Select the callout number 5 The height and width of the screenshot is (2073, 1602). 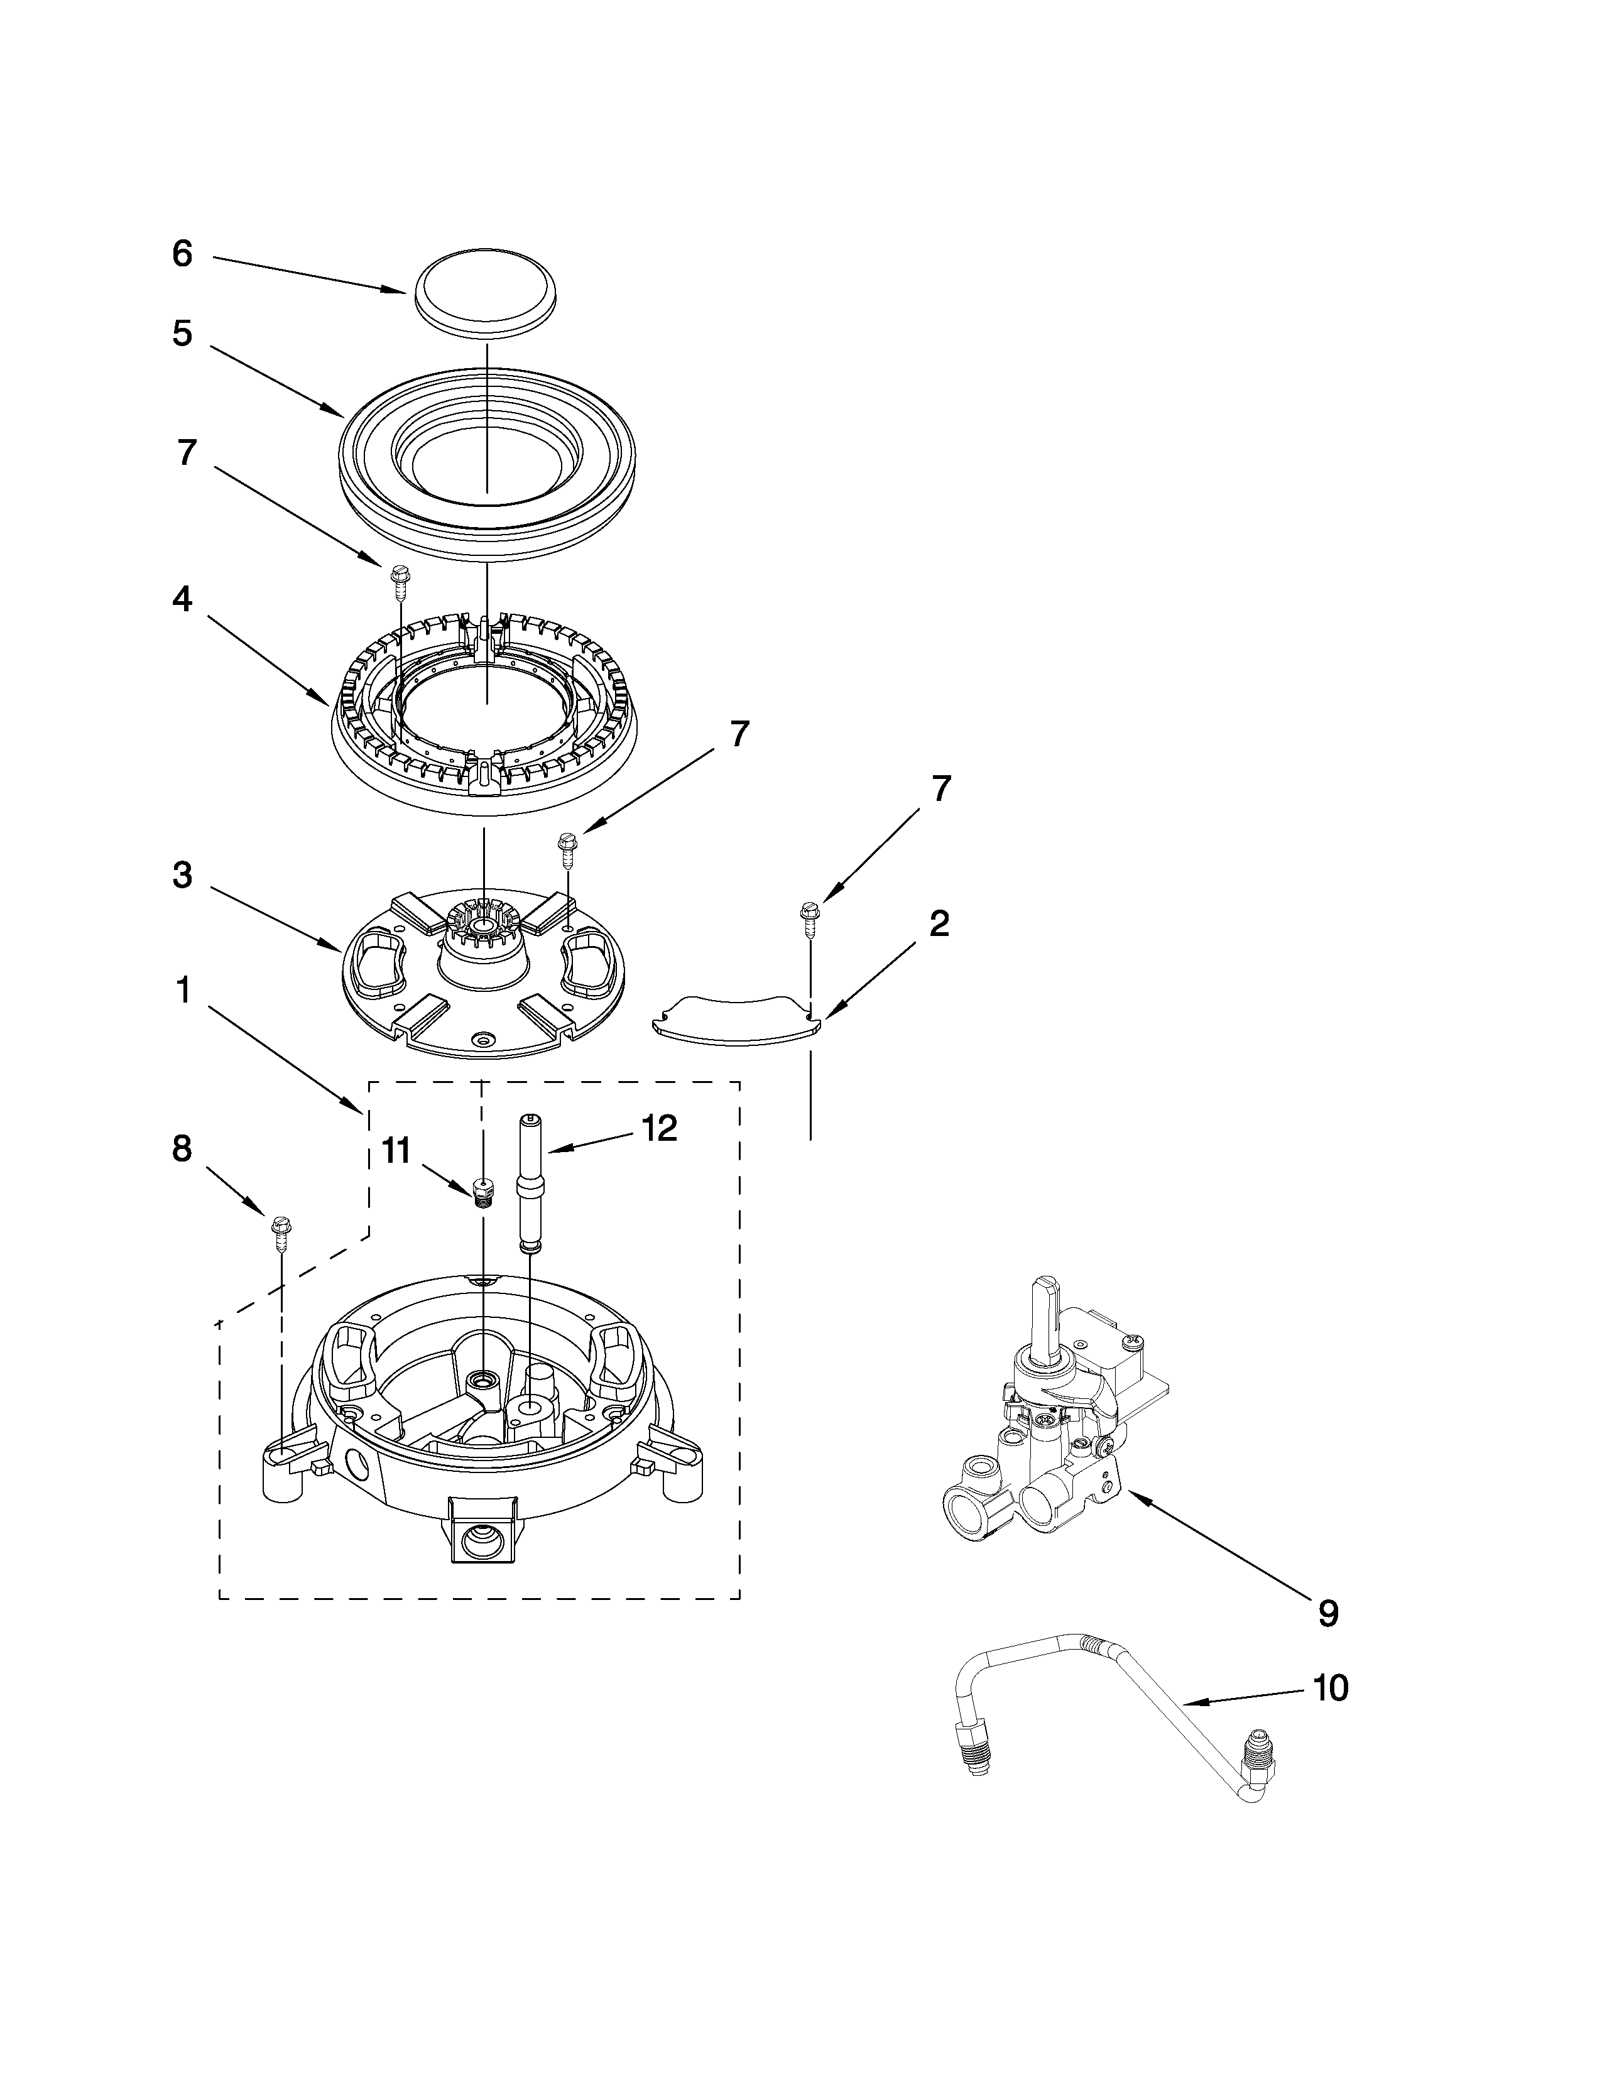pyautogui.click(x=182, y=334)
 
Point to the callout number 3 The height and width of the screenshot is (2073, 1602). pyautogui.click(x=182, y=875)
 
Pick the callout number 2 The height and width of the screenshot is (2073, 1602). pyautogui.click(x=938, y=923)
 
